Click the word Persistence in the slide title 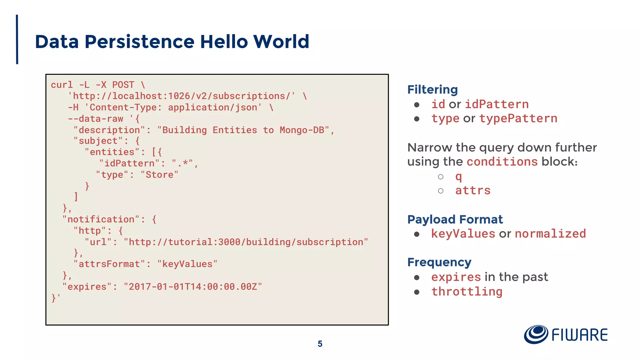point(140,42)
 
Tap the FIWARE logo point(566,335)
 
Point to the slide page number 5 point(320,344)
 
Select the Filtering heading point(432,90)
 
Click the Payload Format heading point(455,219)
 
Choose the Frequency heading point(439,262)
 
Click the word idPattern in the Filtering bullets point(497,104)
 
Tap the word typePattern point(518,118)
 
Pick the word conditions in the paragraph point(502,162)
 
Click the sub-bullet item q point(458,177)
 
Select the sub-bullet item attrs point(473,191)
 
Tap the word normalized point(550,234)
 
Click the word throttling point(467,292)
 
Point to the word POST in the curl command point(123,85)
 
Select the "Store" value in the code point(159,175)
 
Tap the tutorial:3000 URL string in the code point(246,242)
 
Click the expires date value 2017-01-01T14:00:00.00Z point(193,287)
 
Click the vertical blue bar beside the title point(17,39)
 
